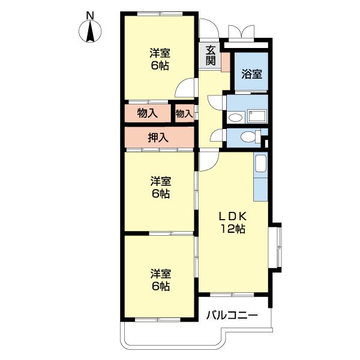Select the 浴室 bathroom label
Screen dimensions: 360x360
[x=251, y=74]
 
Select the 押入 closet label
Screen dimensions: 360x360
[x=158, y=137]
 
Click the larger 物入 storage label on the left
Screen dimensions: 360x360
[x=147, y=113]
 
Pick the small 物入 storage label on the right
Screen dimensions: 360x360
[x=184, y=113]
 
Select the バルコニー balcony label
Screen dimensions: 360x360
[x=232, y=316]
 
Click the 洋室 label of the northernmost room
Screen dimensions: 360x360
[x=160, y=53]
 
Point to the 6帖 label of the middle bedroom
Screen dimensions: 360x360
[x=160, y=194]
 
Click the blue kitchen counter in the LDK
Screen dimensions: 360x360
[x=260, y=178]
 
